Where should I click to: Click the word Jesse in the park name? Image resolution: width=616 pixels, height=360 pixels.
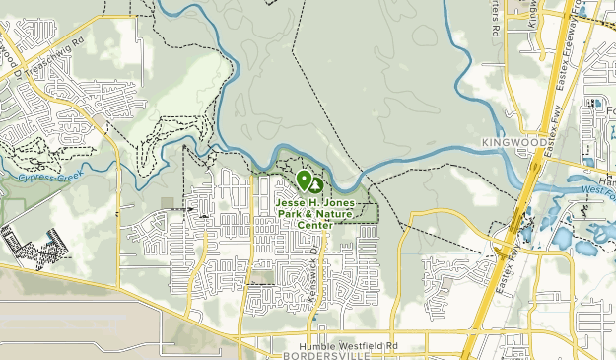(x=293, y=203)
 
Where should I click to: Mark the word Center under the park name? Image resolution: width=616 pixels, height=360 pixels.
(x=314, y=225)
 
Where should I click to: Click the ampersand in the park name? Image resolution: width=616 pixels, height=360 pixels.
(x=303, y=214)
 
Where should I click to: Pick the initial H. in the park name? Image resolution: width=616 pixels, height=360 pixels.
(x=316, y=203)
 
